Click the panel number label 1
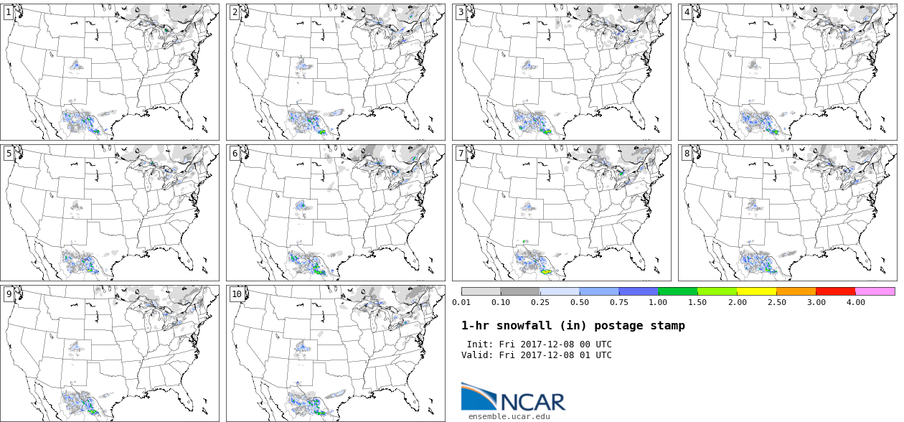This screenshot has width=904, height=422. pyautogui.click(x=9, y=12)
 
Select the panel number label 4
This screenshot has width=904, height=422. pyautogui.click(x=687, y=12)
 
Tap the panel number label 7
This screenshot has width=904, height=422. pyautogui.click(x=461, y=153)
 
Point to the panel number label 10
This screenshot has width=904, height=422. pyautogui.click(x=237, y=294)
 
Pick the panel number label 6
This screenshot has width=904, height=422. pyautogui.click(x=235, y=153)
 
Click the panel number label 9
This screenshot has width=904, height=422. pyautogui.click(x=9, y=294)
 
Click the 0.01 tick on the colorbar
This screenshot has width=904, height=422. pyautogui.click(x=461, y=302)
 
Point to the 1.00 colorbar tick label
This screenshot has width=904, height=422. pyautogui.click(x=658, y=302)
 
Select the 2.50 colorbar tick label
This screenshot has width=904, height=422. pyautogui.click(x=776, y=302)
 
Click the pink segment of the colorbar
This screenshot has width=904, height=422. pyautogui.click(x=875, y=291)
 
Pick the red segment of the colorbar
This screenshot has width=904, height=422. pyautogui.click(x=836, y=291)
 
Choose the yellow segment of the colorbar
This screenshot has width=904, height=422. pyautogui.click(x=757, y=291)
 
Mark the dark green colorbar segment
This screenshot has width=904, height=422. pyautogui.click(x=678, y=291)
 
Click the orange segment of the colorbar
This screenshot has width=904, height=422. pyautogui.click(x=796, y=291)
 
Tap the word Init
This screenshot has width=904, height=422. pyautogui.click(x=480, y=344)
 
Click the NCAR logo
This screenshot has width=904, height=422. pyautogui.click(x=513, y=398)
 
